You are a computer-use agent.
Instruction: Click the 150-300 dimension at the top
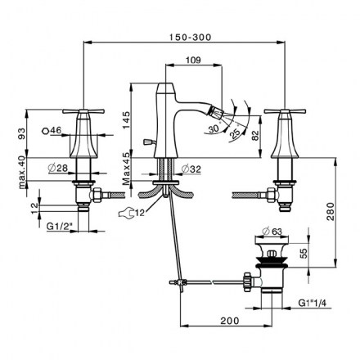(190, 37)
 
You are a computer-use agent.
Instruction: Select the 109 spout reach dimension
(193, 60)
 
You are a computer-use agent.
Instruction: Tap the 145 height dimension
(127, 120)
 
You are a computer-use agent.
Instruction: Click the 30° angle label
(214, 128)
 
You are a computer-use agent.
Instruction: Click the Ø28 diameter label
(58, 168)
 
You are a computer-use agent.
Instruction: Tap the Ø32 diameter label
(191, 169)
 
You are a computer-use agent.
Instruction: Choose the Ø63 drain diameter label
(272, 232)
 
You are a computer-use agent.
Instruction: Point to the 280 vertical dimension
(331, 211)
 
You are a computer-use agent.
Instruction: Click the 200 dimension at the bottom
(230, 321)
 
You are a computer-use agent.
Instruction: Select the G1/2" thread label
(58, 226)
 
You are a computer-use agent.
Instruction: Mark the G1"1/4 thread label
(313, 303)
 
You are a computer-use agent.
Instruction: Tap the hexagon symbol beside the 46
(46, 131)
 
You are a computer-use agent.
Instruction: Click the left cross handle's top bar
(83, 111)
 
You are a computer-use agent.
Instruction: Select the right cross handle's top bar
(285, 111)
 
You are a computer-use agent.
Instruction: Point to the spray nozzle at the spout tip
(216, 112)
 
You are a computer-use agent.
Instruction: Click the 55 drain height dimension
(304, 253)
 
